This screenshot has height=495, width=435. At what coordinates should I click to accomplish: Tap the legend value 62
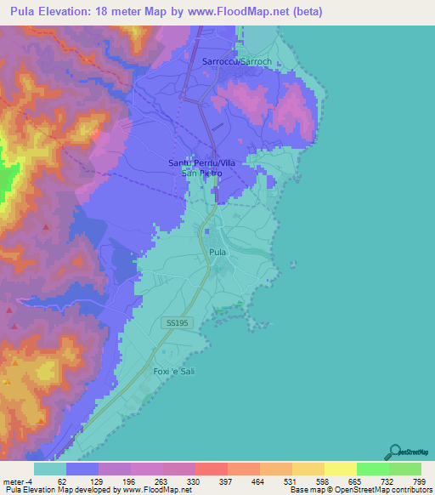[x=61, y=481]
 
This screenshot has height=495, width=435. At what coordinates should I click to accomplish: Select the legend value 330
[x=192, y=481]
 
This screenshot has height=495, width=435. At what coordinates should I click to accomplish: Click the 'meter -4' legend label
[x=17, y=481]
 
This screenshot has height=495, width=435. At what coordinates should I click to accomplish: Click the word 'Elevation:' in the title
[x=74, y=13]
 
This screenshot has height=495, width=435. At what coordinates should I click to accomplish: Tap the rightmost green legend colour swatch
[x=405, y=469]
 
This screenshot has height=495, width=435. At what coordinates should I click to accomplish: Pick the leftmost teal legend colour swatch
[x=49, y=469]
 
